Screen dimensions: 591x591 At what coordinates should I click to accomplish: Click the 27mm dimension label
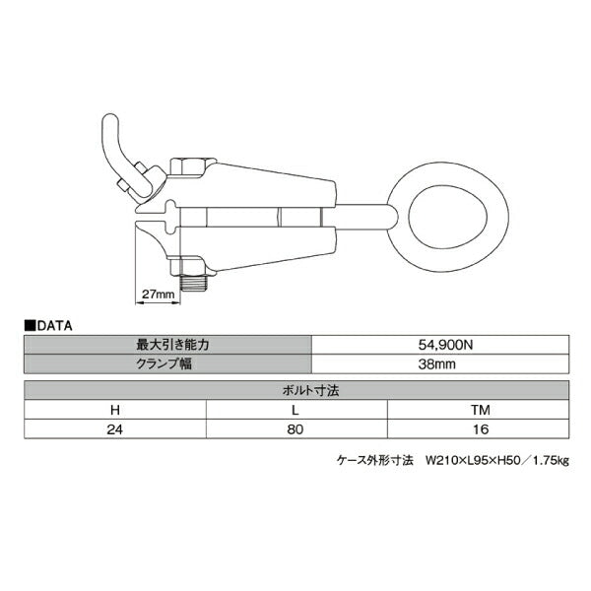(x=158, y=294)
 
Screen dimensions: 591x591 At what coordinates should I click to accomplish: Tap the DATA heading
(x=54, y=326)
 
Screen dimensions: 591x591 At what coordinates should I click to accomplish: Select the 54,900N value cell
(x=440, y=345)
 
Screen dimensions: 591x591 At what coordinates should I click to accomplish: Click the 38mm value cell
(x=440, y=363)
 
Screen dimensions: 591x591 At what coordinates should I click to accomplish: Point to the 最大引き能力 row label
(x=172, y=345)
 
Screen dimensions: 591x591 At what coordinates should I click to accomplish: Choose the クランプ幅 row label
(x=164, y=363)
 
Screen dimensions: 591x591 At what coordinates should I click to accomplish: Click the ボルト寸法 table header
(x=310, y=390)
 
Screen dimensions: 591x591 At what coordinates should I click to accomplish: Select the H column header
(x=115, y=410)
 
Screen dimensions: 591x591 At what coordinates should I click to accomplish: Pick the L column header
(x=295, y=410)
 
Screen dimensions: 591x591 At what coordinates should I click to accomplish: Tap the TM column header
(x=481, y=410)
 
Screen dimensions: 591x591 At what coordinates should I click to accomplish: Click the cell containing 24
(x=115, y=428)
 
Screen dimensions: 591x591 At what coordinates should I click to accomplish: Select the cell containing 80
(x=296, y=428)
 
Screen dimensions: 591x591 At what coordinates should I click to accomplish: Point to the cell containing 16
(x=479, y=428)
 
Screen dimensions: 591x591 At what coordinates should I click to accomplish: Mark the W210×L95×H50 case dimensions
(x=474, y=460)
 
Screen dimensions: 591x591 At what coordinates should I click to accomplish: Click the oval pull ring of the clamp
(x=448, y=217)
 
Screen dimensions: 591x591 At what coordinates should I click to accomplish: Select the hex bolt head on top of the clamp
(x=187, y=165)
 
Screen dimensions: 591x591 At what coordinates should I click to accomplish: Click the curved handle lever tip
(x=110, y=119)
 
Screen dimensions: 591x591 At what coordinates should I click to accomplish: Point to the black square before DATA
(x=30, y=326)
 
